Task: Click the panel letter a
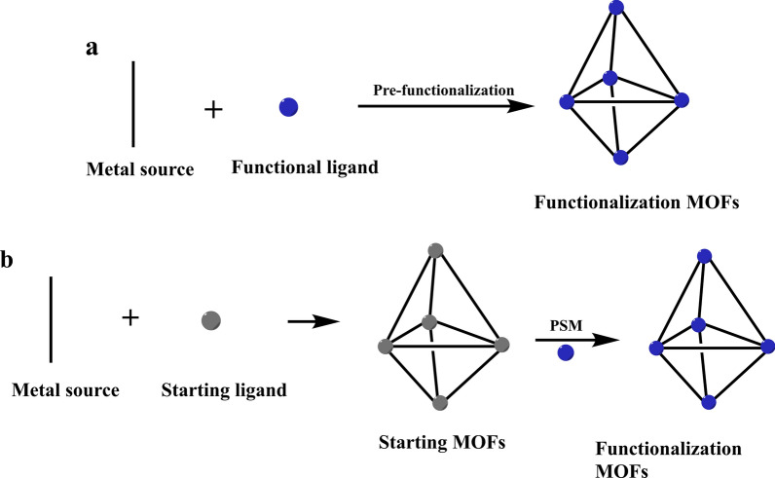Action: click(92, 48)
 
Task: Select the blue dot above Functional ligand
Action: click(288, 107)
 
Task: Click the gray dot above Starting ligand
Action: click(210, 319)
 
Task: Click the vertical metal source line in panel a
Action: click(132, 102)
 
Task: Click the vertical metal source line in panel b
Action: click(50, 318)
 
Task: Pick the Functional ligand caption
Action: click(305, 167)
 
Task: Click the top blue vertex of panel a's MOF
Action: click(615, 8)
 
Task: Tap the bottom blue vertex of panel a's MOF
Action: click(621, 156)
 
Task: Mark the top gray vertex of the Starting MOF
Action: click(437, 250)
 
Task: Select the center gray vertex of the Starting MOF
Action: click(428, 322)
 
